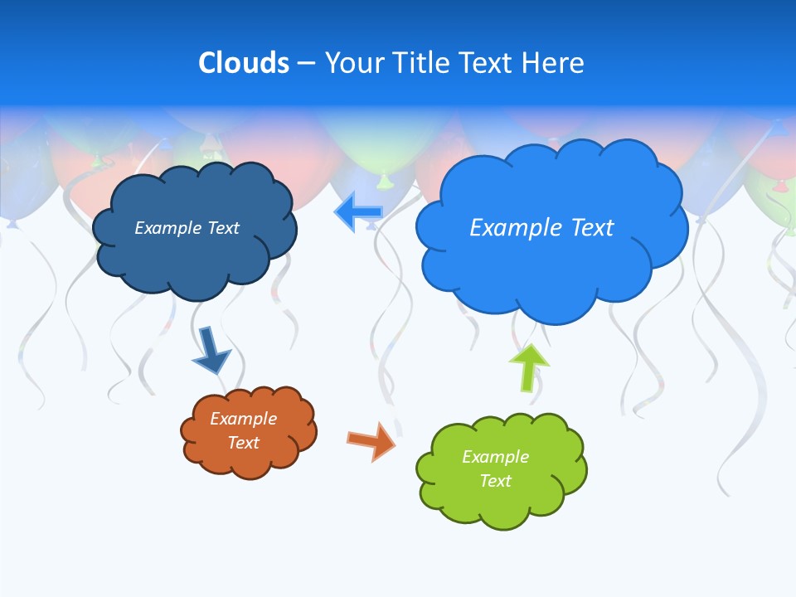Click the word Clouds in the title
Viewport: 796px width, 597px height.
pos(244,63)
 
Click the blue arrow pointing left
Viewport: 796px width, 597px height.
pos(358,212)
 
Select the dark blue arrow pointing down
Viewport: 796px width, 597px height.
pos(211,351)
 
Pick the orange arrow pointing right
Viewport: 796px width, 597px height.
pos(371,440)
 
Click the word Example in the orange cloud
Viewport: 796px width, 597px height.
pos(243,419)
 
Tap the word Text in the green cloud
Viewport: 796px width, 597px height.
pos(495,481)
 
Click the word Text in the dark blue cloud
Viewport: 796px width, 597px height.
pos(223,228)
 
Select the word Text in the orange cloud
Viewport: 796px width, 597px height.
pos(243,443)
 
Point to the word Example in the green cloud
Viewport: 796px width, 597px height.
pos(495,457)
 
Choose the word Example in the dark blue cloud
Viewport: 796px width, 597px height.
pos(169,228)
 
